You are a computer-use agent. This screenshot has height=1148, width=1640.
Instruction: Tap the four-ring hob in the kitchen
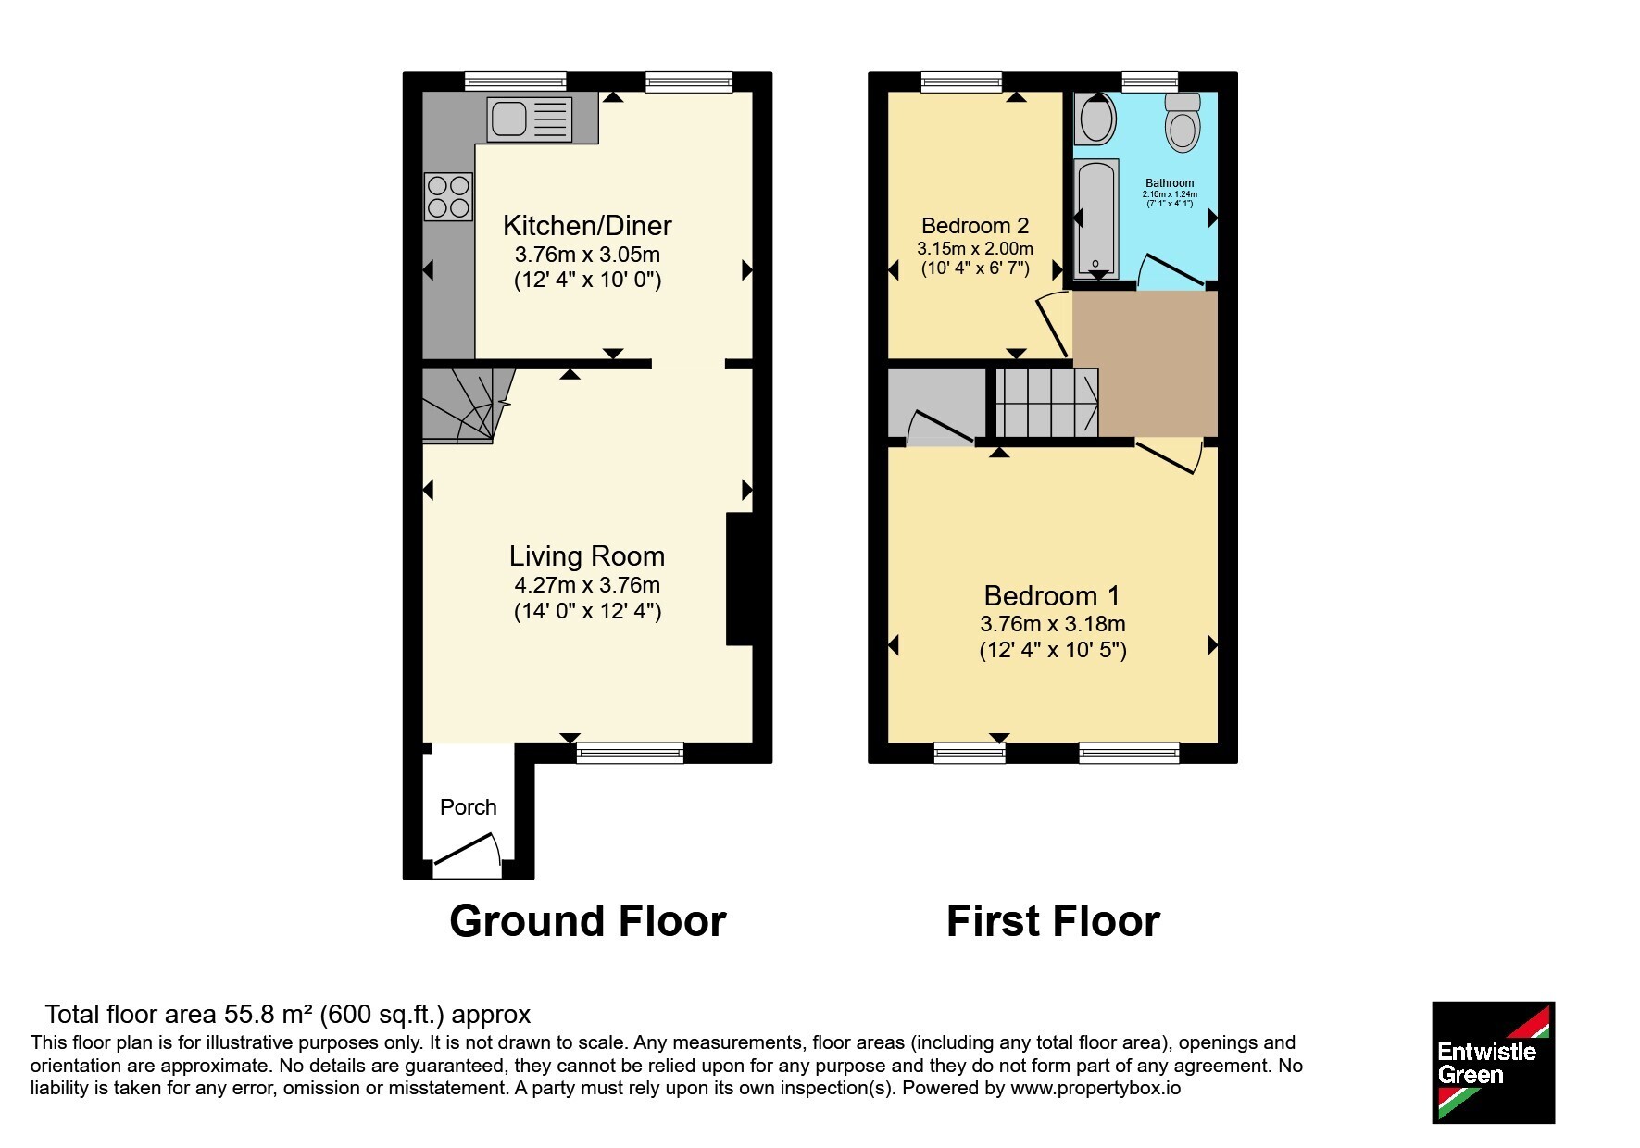tap(449, 197)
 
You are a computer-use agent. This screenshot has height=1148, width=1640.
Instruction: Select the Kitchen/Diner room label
tap(587, 225)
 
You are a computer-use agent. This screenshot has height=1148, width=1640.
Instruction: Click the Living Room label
tap(587, 555)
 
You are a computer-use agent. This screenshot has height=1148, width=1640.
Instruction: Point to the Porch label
tap(469, 807)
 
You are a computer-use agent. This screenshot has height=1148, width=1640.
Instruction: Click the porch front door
tap(469, 855)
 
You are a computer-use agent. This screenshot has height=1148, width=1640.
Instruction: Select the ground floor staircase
tap(468, 406)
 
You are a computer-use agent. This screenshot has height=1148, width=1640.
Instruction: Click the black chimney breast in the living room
tap(739, 579)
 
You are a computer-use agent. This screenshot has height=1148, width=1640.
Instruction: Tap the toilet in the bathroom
tap(1183, 121)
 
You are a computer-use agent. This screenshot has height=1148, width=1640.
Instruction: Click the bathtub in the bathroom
tap(1097, 218)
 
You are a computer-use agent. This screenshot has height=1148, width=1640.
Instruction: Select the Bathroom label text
tap(1170, 183)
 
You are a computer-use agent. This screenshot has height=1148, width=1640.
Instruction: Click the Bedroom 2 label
tap(975, 226)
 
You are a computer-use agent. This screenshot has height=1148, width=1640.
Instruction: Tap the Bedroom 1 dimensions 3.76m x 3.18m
tap(1053, 624)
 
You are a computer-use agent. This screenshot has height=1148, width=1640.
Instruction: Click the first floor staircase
tap(1047, 403)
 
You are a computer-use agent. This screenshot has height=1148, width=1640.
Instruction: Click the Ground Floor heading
tap(588, 921)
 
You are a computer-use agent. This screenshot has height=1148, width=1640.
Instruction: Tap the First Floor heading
tap(1053, 921)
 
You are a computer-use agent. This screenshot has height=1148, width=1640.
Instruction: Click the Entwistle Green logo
tap(1493, 1063)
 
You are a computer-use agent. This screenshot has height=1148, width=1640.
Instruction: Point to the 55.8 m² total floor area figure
tap(269, 1015)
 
